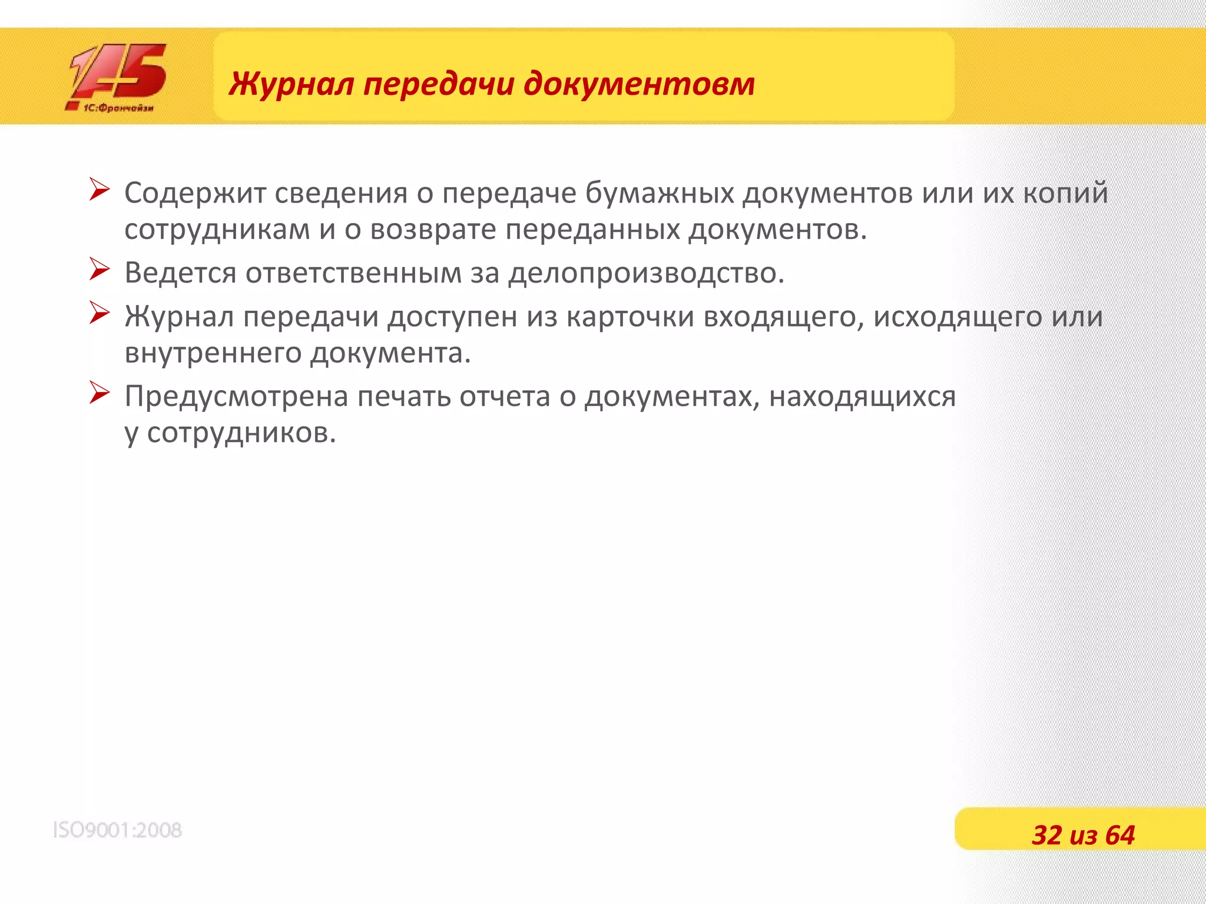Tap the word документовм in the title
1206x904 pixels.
(639, 84)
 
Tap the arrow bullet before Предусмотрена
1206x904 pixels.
(99, 393)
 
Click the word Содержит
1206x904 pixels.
(194, 193)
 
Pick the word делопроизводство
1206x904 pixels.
(646, 273)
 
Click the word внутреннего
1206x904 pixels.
(213, 354)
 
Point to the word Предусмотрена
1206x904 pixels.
(237, 397)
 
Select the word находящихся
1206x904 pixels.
(862, 397)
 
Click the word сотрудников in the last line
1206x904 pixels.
(241, 434)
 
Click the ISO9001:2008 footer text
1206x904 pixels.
(117, 830)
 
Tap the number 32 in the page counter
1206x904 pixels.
(1047, 835)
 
